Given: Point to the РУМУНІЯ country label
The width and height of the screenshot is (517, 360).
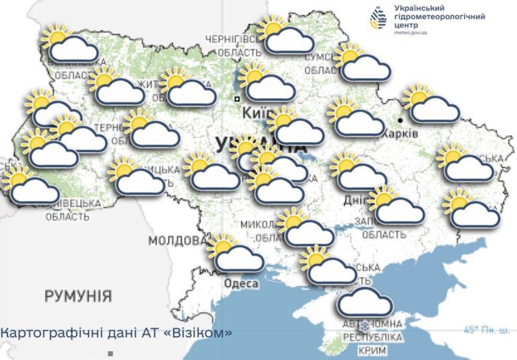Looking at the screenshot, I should point(78,296).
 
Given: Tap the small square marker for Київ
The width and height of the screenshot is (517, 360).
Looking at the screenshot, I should point(237,99).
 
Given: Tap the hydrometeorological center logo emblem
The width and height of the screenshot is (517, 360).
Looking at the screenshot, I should point(381,18).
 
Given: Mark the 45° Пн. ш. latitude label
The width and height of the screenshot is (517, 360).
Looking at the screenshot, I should point(486,330).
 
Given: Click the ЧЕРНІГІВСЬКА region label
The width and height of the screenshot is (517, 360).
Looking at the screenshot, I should point(233,38).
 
